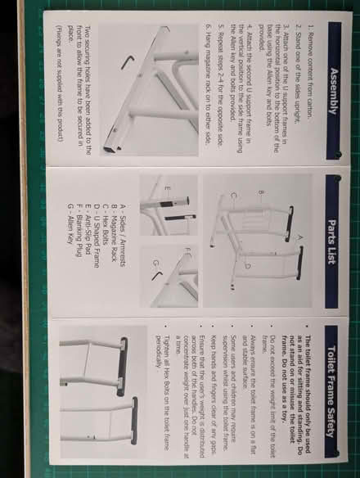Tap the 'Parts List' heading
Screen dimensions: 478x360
pos(332,238)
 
